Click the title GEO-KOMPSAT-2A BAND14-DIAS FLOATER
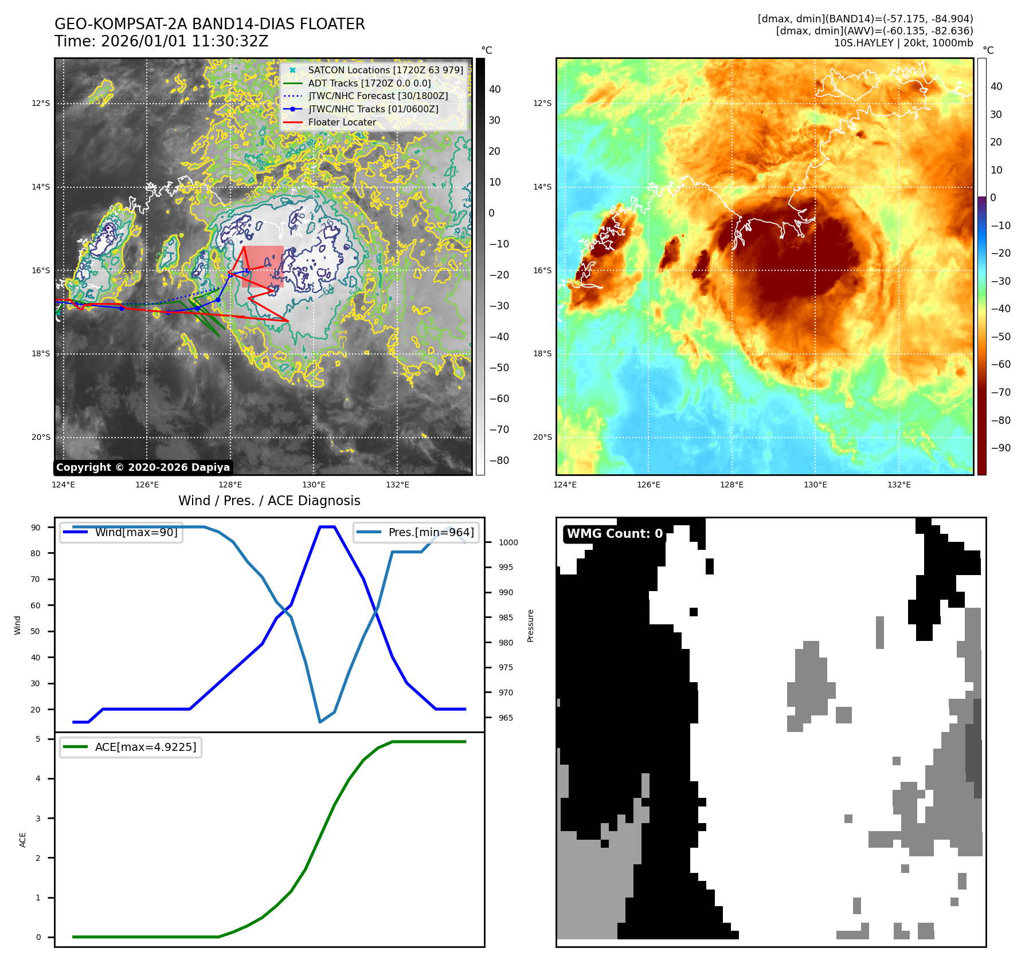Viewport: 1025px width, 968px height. [x=209, y=24]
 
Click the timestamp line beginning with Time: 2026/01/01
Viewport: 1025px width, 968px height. [x=161, y=41]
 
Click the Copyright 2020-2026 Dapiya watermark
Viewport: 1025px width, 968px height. [x=143, y=467]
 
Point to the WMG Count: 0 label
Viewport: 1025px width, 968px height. [x=615, y=534]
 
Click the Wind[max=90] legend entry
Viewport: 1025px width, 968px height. [x=136, y=532]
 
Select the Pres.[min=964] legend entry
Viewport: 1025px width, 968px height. [x=431, y=532]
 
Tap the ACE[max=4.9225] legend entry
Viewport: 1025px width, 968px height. [x=145, y=747]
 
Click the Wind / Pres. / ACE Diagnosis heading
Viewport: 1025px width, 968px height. [x=269, y=501]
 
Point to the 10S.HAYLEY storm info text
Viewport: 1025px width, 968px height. [x=903, y=43]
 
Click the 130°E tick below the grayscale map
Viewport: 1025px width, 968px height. [x=314, y=485]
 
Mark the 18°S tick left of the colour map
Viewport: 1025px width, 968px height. [x=542, y=353]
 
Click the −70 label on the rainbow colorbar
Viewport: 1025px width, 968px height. [x=1001, y=392]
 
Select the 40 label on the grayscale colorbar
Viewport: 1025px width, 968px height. [x=495, y=89]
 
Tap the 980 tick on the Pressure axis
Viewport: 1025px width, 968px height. [x=506, y=643]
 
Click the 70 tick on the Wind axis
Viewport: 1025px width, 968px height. [x=36, y=579]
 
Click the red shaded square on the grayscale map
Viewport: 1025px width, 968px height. [x=263, y=266]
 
